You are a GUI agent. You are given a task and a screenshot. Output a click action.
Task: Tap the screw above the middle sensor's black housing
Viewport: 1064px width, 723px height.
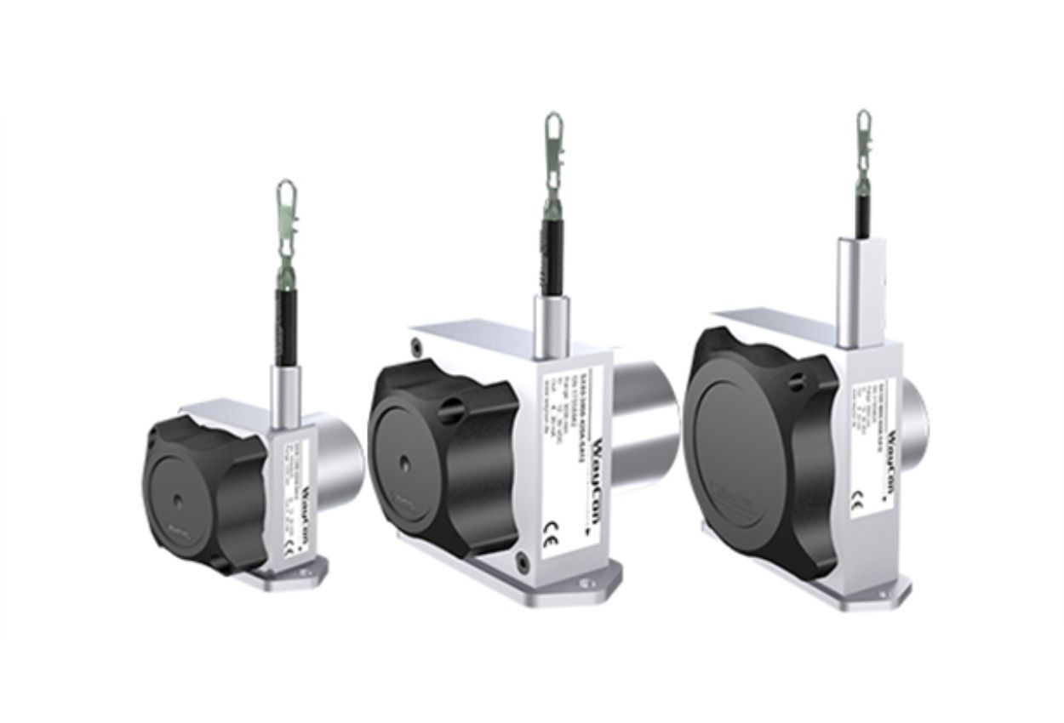click(x=416, y=344)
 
